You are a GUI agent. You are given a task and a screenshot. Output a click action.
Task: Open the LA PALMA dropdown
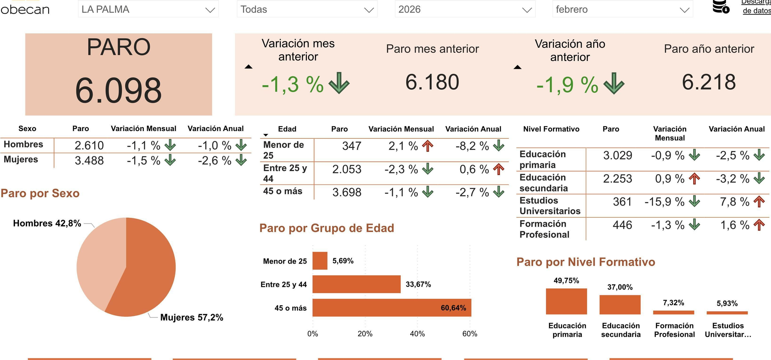pos(148,9)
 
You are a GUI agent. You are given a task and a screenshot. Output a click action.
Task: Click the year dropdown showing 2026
pos(465,9)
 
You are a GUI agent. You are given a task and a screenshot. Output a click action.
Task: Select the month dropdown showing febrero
pos(622,9)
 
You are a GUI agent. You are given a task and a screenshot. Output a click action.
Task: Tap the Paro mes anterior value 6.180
pos(432,82)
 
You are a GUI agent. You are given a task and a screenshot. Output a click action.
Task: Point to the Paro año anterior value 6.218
pos(709,82)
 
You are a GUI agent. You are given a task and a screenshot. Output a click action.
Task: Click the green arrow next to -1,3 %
pos(339,83)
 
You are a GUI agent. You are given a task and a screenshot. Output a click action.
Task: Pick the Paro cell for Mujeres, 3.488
pos(89,160)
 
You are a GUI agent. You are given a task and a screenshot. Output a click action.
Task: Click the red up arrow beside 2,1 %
pos(428,146)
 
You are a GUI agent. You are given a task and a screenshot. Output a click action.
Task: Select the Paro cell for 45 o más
pos(347,192)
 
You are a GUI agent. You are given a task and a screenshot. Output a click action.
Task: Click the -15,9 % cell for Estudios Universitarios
pos(664,202)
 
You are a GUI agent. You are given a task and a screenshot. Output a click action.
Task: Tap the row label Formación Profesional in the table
pos(544,229)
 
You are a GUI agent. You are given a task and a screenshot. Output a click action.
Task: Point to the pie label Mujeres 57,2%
pos(192,317)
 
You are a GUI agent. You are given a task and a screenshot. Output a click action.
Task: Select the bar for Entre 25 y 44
pos(356,284)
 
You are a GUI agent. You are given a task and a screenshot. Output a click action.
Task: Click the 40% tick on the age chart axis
pos(417,334)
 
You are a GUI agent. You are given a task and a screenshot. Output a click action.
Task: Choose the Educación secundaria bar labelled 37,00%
pos(619,304)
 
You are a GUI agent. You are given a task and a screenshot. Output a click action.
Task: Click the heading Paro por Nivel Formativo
pos(585,262)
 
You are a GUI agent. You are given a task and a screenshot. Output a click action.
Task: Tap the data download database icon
pos(720,7)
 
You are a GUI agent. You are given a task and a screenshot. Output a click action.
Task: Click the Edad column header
pos(287,129)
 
